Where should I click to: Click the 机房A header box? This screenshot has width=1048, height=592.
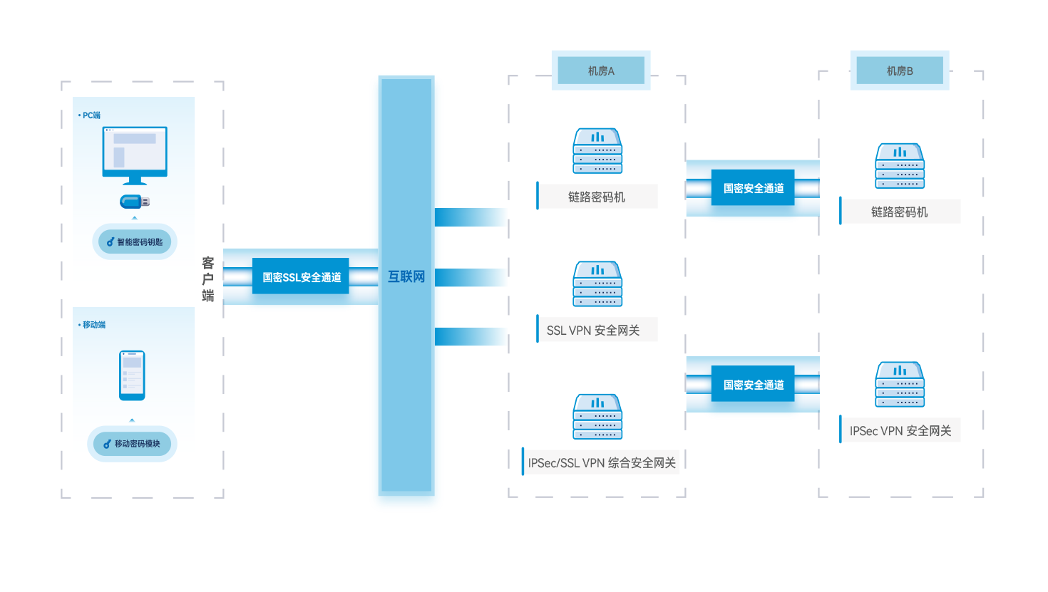[600, 71]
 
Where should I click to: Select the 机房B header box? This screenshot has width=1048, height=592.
[899, 71]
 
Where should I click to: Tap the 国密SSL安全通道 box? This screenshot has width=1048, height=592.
[301, 276]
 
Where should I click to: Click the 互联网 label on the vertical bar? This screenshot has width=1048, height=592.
[406, 276]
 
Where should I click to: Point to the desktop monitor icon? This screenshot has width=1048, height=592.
[135, 155]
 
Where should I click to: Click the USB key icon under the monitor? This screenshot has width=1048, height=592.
[134, 202]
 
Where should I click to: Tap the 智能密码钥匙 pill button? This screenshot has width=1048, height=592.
[135, 242]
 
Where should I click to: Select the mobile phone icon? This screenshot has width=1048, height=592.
[132, 375]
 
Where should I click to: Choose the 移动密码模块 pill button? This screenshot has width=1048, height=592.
[132, 444]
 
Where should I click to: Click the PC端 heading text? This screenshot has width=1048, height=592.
[91, 115]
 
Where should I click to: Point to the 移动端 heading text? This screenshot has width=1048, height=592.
[93, 325]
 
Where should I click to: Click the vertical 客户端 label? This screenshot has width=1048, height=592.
[208, 279]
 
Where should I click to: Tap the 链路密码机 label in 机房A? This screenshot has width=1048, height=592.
[597, 197]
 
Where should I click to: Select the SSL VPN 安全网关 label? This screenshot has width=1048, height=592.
[593, 330]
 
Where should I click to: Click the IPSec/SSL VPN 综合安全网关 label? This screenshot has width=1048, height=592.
[602, 462]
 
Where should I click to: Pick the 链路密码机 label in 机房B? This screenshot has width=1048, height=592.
[899, 212]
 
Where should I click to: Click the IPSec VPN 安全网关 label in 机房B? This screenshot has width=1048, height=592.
[900, 430]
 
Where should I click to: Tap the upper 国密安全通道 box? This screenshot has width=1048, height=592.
[753, 188]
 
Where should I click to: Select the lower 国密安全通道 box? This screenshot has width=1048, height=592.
[753, 385]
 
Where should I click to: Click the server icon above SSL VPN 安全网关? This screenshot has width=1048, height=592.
[597, 284]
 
